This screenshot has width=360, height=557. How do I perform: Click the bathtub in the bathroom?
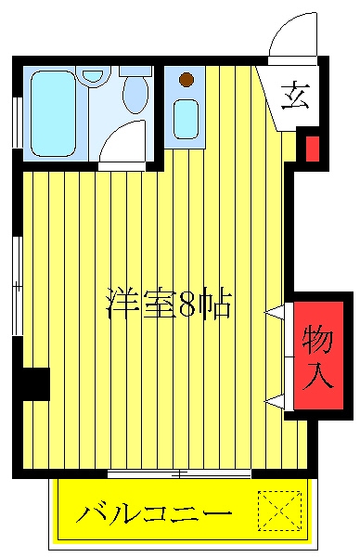point(54,111)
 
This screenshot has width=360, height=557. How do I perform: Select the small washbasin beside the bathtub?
point(94,77)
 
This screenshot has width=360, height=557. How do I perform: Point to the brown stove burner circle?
point(187,80)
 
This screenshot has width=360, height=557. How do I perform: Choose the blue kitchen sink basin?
point(186,118)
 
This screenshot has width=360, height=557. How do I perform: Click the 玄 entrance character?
point(295,96)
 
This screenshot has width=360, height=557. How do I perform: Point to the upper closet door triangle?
point(275,313)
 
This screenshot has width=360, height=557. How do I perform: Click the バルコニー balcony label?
point(154,512)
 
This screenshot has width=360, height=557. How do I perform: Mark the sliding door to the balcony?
point(178,473)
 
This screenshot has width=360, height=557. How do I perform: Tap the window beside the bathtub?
point(17,121)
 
